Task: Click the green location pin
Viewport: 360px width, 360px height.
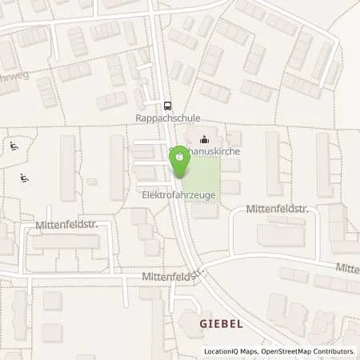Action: click(180, 159)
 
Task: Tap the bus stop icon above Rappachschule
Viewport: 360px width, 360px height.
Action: click(167, 105)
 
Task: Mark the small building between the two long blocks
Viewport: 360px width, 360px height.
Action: click(91, 182)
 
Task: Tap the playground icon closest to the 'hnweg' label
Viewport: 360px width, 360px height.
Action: click(14, 146)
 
